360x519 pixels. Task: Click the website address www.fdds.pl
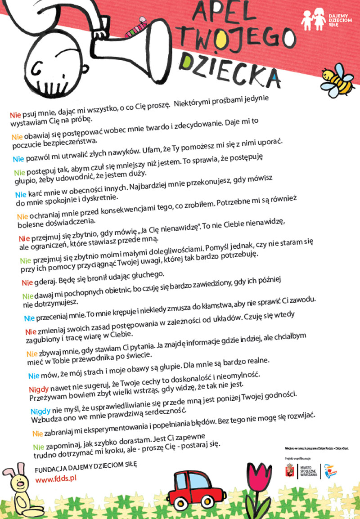pyautogui.click(x=56, y=478)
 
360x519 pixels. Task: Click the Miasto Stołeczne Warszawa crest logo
pyautogui.click(x=291, y=471)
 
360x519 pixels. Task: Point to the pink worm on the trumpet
pyautogui.click(x=135, y=27)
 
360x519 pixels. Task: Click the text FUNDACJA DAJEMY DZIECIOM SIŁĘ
pyautogui.click(x=85, y=465)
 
